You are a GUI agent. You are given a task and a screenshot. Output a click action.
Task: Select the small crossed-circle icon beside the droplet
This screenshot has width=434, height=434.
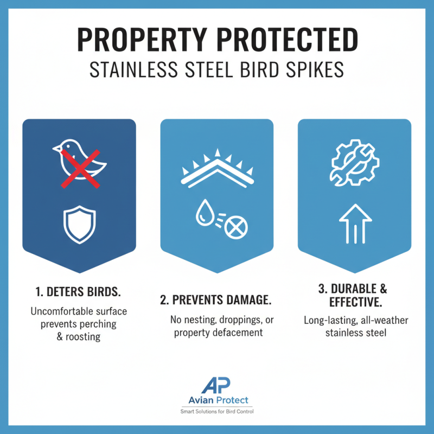click(x=234, y=227)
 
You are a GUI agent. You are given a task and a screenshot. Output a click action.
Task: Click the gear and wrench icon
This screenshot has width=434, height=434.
click(x=354, y=162)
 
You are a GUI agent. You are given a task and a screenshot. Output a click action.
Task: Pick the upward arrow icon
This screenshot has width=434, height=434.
click(x=354, y=224)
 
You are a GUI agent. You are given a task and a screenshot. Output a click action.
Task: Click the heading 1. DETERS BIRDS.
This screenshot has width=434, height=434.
click(x=79, y=292)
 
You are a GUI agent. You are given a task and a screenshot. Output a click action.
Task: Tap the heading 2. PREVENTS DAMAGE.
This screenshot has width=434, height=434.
click(x=218, y=300)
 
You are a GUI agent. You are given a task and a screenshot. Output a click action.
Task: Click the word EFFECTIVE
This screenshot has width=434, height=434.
click(x=354, y=302)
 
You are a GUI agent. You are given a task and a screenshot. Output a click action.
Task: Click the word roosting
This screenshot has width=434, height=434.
click(x=84, y=336)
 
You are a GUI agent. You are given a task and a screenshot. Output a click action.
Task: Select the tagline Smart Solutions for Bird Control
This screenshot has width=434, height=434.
click(x=217, y=412)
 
